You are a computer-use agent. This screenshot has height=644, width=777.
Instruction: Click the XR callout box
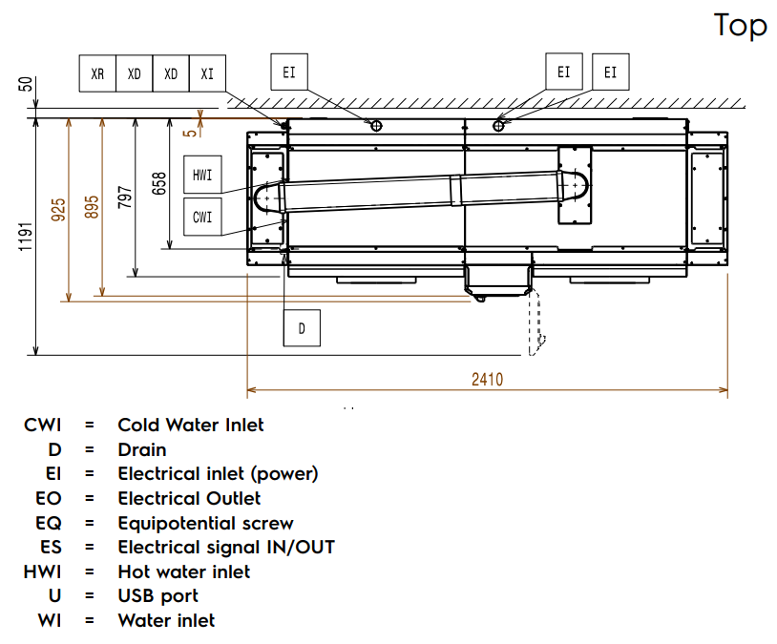coord(97,73)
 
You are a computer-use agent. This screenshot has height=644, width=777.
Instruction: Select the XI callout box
coord(207,73)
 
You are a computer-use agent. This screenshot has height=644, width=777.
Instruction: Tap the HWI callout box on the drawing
coord(202,174)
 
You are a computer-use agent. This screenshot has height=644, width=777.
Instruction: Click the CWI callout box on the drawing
coord(202,217)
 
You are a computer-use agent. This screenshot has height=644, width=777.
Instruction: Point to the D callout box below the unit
coord(302,328)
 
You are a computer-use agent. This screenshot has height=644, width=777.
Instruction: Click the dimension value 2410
coord(487,379)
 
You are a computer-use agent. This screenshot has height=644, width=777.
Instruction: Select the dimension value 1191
coord(26,235)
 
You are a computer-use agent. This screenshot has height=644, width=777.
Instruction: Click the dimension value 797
coord(125,197)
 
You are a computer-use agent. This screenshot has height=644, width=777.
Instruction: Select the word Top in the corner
coord(741,25)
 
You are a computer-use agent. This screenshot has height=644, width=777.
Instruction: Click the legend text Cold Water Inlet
coord(190,425)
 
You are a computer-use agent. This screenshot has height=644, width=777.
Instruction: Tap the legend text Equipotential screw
coord(205,523)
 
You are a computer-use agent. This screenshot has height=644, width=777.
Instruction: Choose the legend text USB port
coord(157,595)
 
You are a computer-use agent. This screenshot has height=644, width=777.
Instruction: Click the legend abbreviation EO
coord(49,498)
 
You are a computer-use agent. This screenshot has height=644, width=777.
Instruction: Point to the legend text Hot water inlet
coord(183,571)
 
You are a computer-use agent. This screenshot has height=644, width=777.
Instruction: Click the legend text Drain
coord(141,449)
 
